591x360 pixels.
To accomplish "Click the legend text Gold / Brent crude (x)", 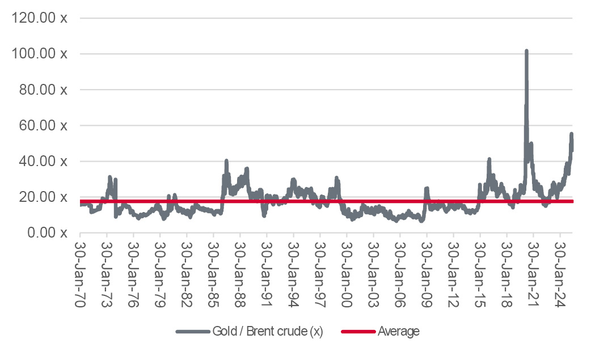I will (267, 332).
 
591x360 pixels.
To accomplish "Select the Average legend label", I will (399, 332).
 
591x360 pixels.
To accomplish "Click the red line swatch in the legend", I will (358, 332).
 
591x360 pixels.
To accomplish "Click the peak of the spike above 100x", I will (526, 51).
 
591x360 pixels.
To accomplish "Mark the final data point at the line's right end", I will (572, 149).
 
